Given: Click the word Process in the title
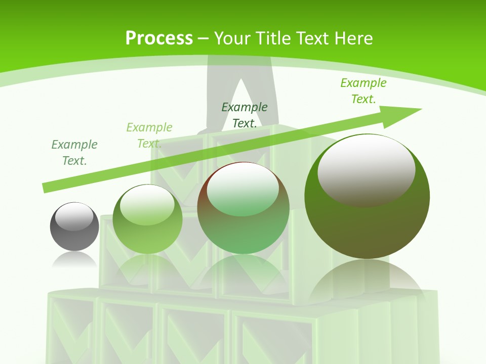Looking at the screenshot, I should [x=159, y=38].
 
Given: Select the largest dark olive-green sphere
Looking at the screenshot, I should [x=367, y=222].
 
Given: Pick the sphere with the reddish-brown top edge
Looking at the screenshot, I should [x=243, y=227].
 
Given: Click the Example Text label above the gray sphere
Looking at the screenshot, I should [x=74, y=153].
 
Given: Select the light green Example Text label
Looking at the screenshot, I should [x=149, y=135].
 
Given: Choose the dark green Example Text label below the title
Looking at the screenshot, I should [x=245, y=115].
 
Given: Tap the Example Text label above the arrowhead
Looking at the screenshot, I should [x=363, y=91].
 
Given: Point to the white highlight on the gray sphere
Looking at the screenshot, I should [x=76, y=217].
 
